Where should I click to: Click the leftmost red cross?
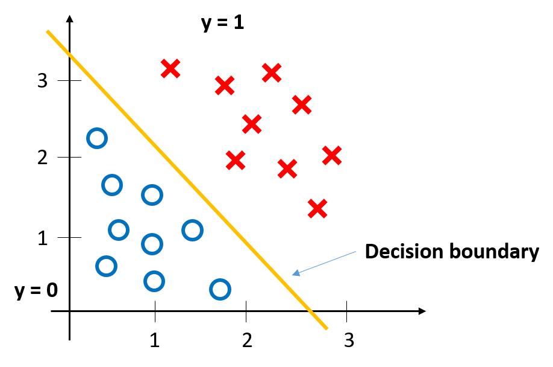(x=170, y=68)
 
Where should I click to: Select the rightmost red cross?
(x=332, y=155)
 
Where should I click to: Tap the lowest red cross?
(x=317, y=208)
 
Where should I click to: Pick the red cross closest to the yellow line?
(x=236, y=160)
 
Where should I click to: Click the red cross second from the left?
(x=225, y=85)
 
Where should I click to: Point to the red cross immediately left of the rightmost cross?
(x=317, y=208)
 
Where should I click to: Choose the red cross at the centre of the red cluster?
(x=252, y=124)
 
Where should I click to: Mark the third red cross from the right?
(x=302, y=104)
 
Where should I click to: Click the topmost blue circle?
(x=97, y=138)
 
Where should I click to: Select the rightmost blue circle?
(x=220, y=289)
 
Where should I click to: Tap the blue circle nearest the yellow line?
(x=192, y=230)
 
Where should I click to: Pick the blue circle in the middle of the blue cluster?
(x=152, y=244)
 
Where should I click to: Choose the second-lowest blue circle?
(x=154, y=281)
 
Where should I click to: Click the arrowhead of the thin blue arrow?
(x=293, y=275)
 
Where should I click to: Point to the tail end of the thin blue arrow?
(x=356, y=252)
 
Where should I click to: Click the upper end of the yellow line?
(x=48, y=31)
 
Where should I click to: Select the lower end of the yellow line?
(x=326, y=328)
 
